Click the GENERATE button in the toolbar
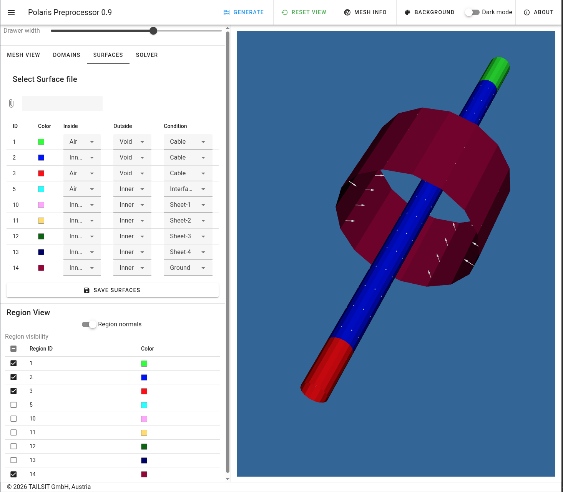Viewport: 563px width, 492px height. [x=244, y=12]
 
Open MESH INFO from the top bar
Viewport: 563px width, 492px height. [x=365, y=12]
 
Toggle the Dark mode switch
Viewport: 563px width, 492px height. [x=473, y=12]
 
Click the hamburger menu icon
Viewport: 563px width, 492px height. [x=11, y=12]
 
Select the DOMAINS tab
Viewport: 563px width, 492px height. [x=66, y=55]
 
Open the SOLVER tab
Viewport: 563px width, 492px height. [x=147, y=55]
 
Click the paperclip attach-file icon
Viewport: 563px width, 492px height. [x=11, y=103]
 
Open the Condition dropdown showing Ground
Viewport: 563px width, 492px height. [x=188, y=268]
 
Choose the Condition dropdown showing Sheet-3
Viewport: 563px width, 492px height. [x=188, y=236]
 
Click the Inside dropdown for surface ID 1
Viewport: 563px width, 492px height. [x=82, y=142]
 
